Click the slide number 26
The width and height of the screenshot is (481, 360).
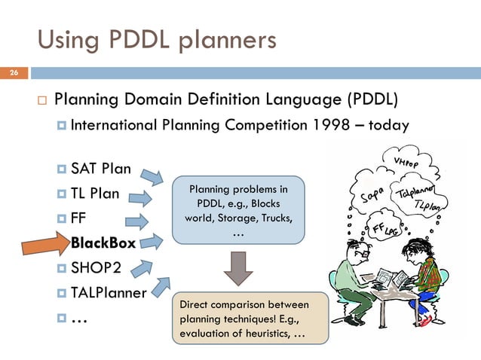pyautogui.click(x=13, y=74)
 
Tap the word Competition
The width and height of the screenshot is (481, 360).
pyautogui.click(x=256, y=126)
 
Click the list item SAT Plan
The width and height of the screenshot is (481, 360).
pyautogui.click(x=100, y=167)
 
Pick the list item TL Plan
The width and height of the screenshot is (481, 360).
pyautogui.click(x=95, y=193)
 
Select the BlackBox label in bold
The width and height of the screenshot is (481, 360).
pyautogui.click(x=103, y=243)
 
